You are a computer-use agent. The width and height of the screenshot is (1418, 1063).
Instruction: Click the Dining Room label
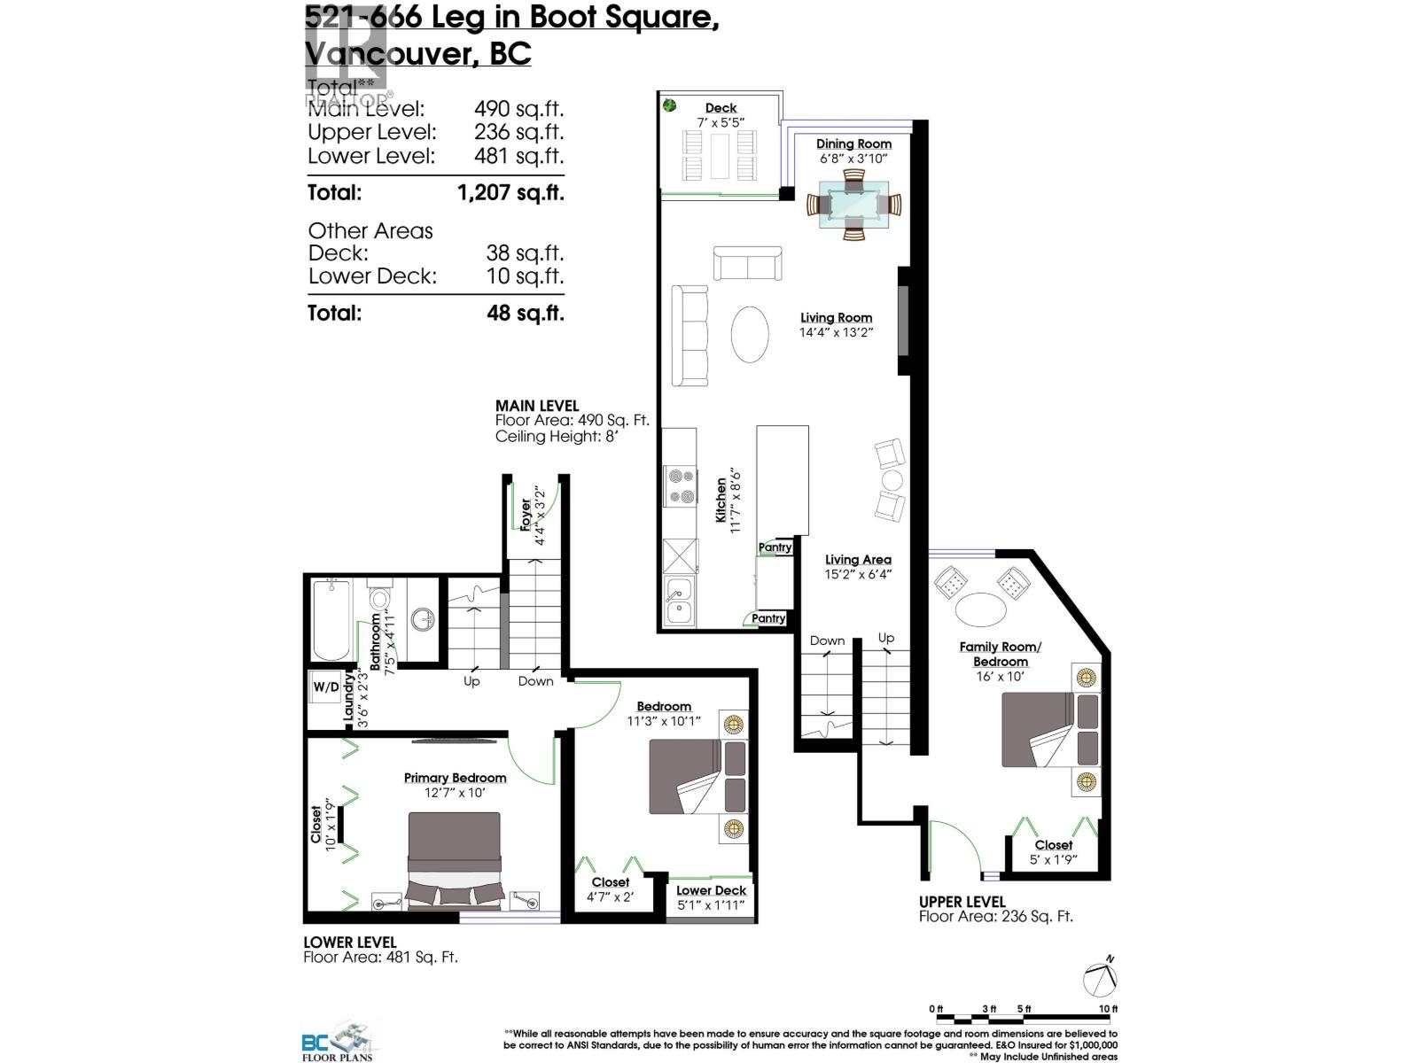[853, 144]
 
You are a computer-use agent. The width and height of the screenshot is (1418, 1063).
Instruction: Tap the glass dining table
[853, 205]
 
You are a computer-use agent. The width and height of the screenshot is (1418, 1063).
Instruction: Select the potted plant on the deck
[669, 105]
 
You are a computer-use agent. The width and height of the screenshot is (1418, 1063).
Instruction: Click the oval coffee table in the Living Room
[750, 334]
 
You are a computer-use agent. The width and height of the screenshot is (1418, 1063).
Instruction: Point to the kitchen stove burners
[681, 486]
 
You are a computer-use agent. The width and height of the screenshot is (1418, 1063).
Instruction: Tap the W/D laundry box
[326, 687]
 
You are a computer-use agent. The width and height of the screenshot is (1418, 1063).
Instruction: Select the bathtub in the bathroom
[331, 619]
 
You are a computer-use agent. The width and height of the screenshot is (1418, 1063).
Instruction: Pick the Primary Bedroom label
[455, 778]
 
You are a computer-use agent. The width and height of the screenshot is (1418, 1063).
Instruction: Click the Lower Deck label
[711, 890]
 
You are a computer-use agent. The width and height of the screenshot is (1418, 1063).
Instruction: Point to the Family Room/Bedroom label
[1000, 654]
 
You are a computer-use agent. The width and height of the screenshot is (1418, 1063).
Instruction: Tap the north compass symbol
[1101, 977]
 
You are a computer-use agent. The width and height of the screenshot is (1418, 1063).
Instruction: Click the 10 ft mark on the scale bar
[1108, 1009]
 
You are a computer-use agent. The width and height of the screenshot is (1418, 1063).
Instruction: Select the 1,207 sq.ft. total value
[510, 192]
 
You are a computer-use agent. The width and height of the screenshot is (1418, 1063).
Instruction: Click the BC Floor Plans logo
[337, 1041]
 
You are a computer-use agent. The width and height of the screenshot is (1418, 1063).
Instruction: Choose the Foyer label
[526, 515]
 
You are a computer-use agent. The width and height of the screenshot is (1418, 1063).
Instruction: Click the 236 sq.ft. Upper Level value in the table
[518, 132]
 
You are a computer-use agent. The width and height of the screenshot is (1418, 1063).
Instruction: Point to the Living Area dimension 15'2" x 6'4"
[858, 574]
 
